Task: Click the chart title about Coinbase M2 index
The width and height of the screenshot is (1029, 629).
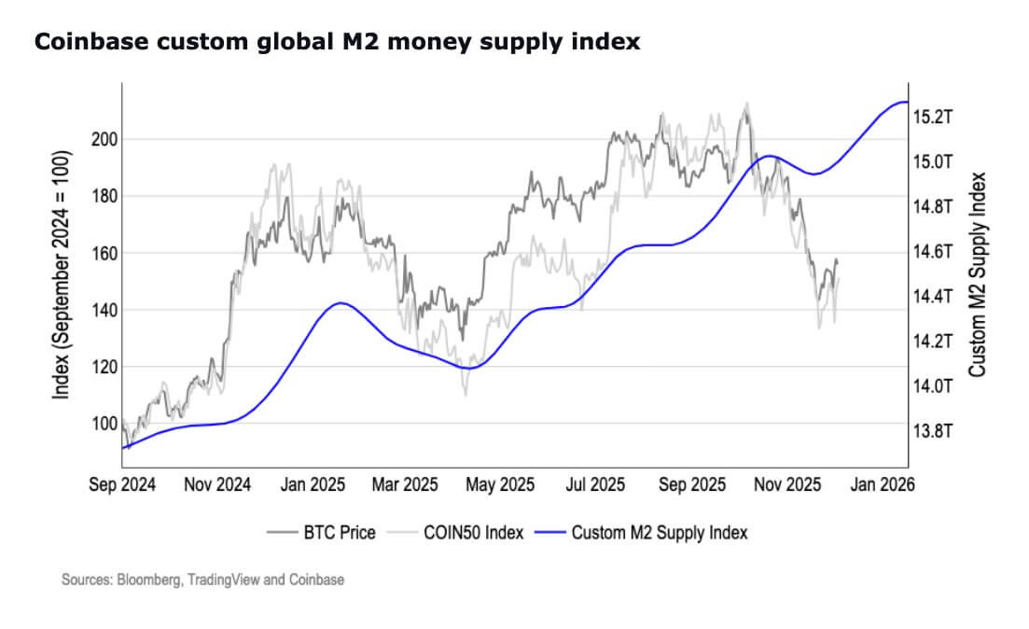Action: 337,43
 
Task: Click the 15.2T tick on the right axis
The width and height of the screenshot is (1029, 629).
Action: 933,118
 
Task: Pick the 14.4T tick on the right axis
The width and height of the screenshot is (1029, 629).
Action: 933,297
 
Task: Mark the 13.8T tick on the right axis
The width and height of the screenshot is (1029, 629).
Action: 933,431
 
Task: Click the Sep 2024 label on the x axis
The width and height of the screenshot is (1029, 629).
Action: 122,485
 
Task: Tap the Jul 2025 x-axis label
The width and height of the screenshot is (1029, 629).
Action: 594,485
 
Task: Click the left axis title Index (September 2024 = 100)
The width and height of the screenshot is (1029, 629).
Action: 62,274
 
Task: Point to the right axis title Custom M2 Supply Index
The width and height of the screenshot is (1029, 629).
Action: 978,274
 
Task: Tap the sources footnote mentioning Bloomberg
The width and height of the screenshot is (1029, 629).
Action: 202,580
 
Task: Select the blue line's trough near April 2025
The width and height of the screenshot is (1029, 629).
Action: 468,368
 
